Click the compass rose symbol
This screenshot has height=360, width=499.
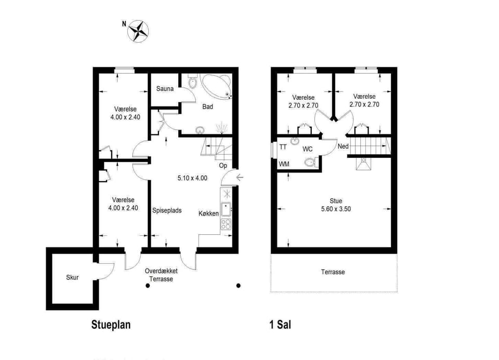(x=138, y=31)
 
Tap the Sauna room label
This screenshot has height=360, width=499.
(x=165, y=89)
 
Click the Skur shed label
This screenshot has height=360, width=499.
(x=72, y=277)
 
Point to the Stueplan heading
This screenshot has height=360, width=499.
(x=111, y=325)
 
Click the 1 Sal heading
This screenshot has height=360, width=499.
(x=280, y=325)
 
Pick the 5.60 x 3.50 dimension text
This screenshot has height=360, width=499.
(x=336, y=209)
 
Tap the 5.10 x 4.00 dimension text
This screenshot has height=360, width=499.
(x=192, y=178)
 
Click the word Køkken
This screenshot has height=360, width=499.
(x=208, y=214)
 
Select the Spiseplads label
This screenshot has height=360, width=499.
(x=167, y=210)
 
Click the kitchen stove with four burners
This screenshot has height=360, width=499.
(x=226, y=224)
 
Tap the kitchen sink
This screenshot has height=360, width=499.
(x=226, y=209)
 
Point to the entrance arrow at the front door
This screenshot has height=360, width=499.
(x=240, y=177)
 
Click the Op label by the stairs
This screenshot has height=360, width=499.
(x=223, y=166)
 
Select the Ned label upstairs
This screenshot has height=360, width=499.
(x=343, y=146)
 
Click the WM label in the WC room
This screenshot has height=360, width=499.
(x=284, y=164)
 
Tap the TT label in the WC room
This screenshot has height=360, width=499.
(x=283, y=147)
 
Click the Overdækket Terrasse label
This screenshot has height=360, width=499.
(x=161, y=275)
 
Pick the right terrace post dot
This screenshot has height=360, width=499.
(x=239, y=286)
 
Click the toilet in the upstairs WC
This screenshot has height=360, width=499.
(x=310, y=163)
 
